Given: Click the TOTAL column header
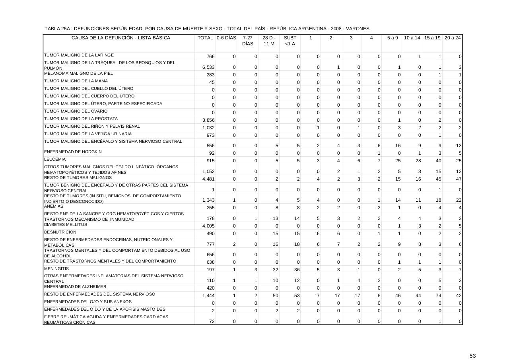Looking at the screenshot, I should [x=205, y=38].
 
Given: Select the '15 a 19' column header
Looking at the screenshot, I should [x=432, y=38].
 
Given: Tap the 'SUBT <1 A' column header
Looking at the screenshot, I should [x=290, y=41].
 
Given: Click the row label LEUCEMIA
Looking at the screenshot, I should [x=55, y=159].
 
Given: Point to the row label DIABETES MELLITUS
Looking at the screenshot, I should [x=65, y=225].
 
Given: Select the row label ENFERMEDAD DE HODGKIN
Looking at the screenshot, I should [x=73, y=152].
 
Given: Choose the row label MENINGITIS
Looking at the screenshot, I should [x=56, y=269].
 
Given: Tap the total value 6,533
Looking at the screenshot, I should [x=208, y=68].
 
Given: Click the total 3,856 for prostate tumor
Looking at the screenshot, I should [x=208, y=120].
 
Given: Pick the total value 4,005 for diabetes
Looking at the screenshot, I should [x=208, y=226].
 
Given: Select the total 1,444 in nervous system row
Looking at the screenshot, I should [x=208, y=296].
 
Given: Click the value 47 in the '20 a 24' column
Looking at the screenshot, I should [x=458, y=179].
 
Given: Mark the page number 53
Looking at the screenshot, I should [x=472, y=356].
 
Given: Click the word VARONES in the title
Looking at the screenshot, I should [x=358, y=29].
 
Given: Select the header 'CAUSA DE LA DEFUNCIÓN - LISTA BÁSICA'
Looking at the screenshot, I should [x=120, y=38].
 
